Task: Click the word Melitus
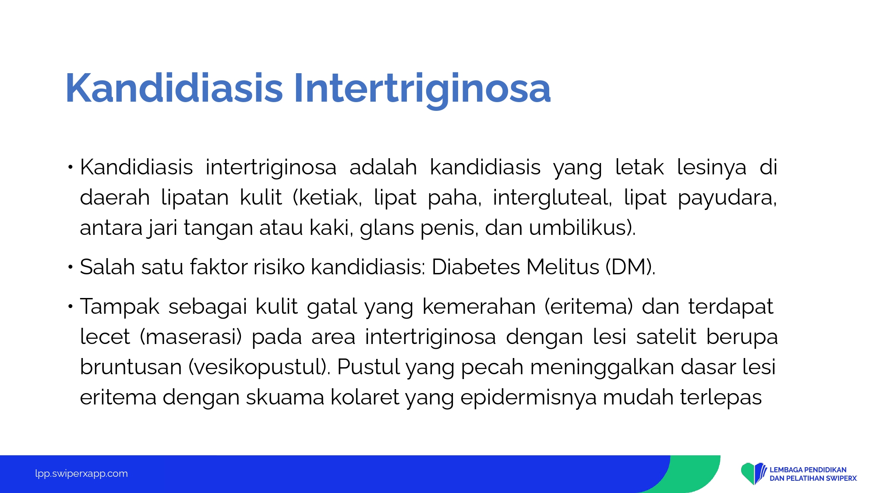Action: click(x=562, y=267)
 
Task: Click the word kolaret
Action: click(x=364, y=397)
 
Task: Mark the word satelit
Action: click(x=666, y=337)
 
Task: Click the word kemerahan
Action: click(x=479, y=306)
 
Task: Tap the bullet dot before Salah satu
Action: click(x=70, y=266)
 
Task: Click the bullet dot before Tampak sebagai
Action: click(x=70, y=306)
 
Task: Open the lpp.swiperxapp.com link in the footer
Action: click(x=81, y=474)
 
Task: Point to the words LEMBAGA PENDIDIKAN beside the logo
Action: click(x=808, y=470)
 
